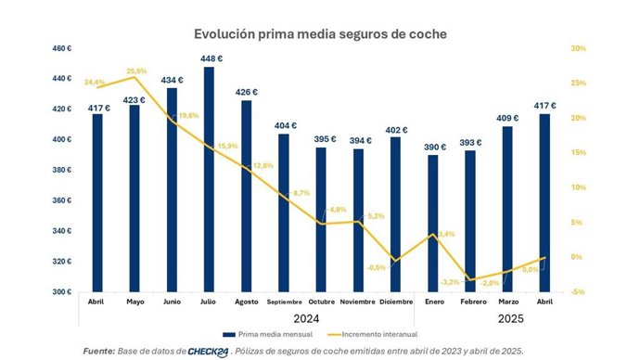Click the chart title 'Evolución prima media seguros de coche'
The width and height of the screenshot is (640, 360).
[320, 33]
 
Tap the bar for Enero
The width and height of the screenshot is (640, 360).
[434, 223]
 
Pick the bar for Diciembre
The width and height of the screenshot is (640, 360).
[396, 214]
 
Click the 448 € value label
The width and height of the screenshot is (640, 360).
[210, 58]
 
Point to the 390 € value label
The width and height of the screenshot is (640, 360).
[434, 147]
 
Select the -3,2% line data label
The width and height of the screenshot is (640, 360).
[450, 282]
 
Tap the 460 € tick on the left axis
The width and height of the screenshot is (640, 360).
[61, 48]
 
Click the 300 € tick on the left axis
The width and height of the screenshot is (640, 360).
[61, 292]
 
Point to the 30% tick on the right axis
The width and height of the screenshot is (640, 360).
[577, 48]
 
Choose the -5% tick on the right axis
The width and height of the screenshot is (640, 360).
[577, 292]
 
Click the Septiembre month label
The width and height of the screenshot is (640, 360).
[284, 302]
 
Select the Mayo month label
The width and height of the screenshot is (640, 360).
[134, 302]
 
